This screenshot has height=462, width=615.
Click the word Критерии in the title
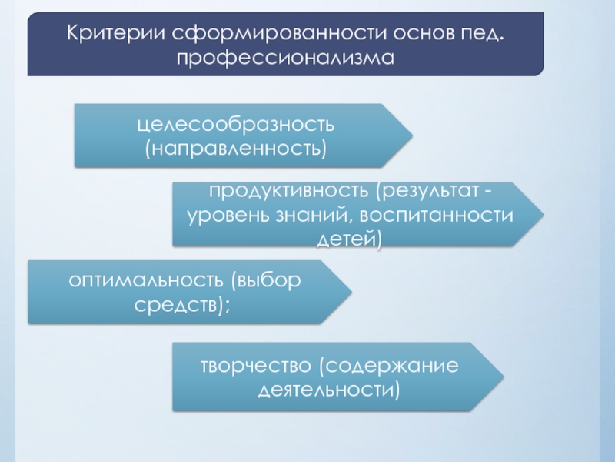115,34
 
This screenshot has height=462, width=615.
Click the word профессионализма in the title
286,59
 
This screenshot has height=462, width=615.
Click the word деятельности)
330,389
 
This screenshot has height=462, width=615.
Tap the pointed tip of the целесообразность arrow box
411,136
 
